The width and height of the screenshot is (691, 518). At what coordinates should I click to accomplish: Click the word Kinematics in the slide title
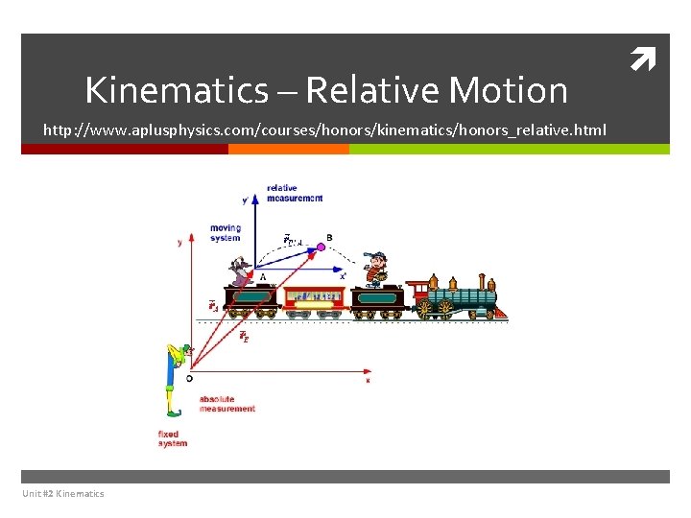pos(177,90)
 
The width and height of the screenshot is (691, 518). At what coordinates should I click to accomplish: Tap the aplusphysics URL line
pos(324,129)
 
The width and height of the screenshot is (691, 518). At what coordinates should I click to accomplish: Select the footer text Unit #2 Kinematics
pos(62,493)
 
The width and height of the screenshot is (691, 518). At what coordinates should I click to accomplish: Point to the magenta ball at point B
pos(321,247)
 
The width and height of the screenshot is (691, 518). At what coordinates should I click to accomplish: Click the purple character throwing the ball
pos(240,274)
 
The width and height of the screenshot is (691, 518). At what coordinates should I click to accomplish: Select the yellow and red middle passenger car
pos(312,299)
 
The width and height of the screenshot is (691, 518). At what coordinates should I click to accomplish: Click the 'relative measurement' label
pos(294,193)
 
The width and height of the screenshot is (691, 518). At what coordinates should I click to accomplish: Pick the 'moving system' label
pos(226,233)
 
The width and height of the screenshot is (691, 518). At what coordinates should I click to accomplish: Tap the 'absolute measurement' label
pos(226,404)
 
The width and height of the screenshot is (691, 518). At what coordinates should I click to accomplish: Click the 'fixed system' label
pos(173,438)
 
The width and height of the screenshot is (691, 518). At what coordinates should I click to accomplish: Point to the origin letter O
pos(189,378)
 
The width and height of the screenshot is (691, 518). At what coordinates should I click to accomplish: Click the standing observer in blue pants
pos(175,379)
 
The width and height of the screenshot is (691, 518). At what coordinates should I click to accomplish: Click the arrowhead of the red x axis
pos(370,368)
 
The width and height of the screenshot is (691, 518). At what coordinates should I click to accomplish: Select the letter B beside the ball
pos(329,237)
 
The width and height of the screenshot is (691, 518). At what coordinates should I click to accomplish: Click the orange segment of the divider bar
pos(288,149)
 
